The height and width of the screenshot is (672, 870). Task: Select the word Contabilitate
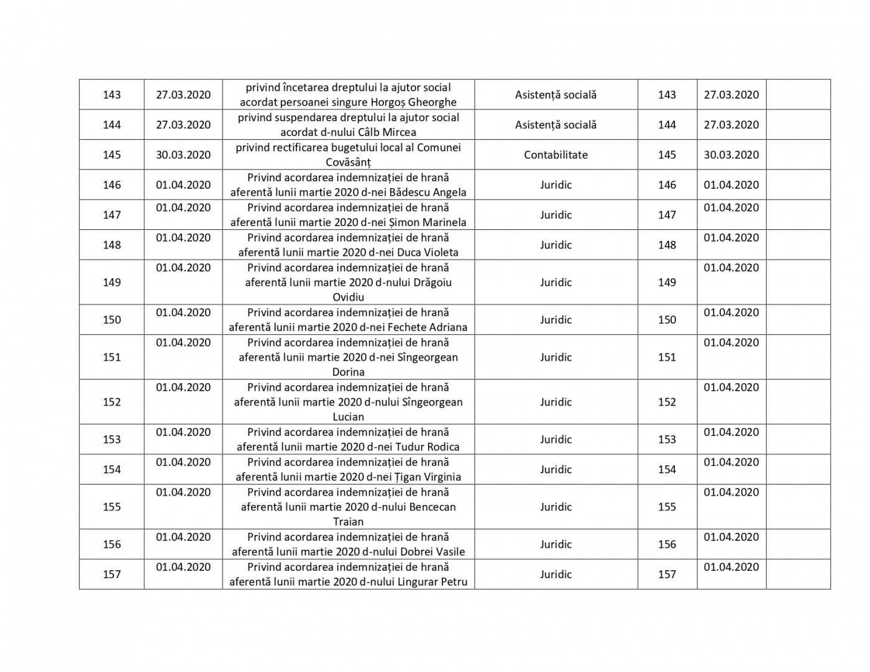[556, 155]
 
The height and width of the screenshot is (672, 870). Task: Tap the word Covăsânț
[348, 162]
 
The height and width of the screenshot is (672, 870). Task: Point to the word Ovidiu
[348, 297]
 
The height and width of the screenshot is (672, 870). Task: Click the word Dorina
[348, 372]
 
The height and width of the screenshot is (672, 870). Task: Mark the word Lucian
[348, 417]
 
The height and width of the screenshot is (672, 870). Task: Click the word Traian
[348, 522]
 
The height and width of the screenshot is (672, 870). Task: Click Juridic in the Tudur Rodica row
[556, 439]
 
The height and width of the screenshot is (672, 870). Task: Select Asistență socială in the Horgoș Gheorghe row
[556, 94]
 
